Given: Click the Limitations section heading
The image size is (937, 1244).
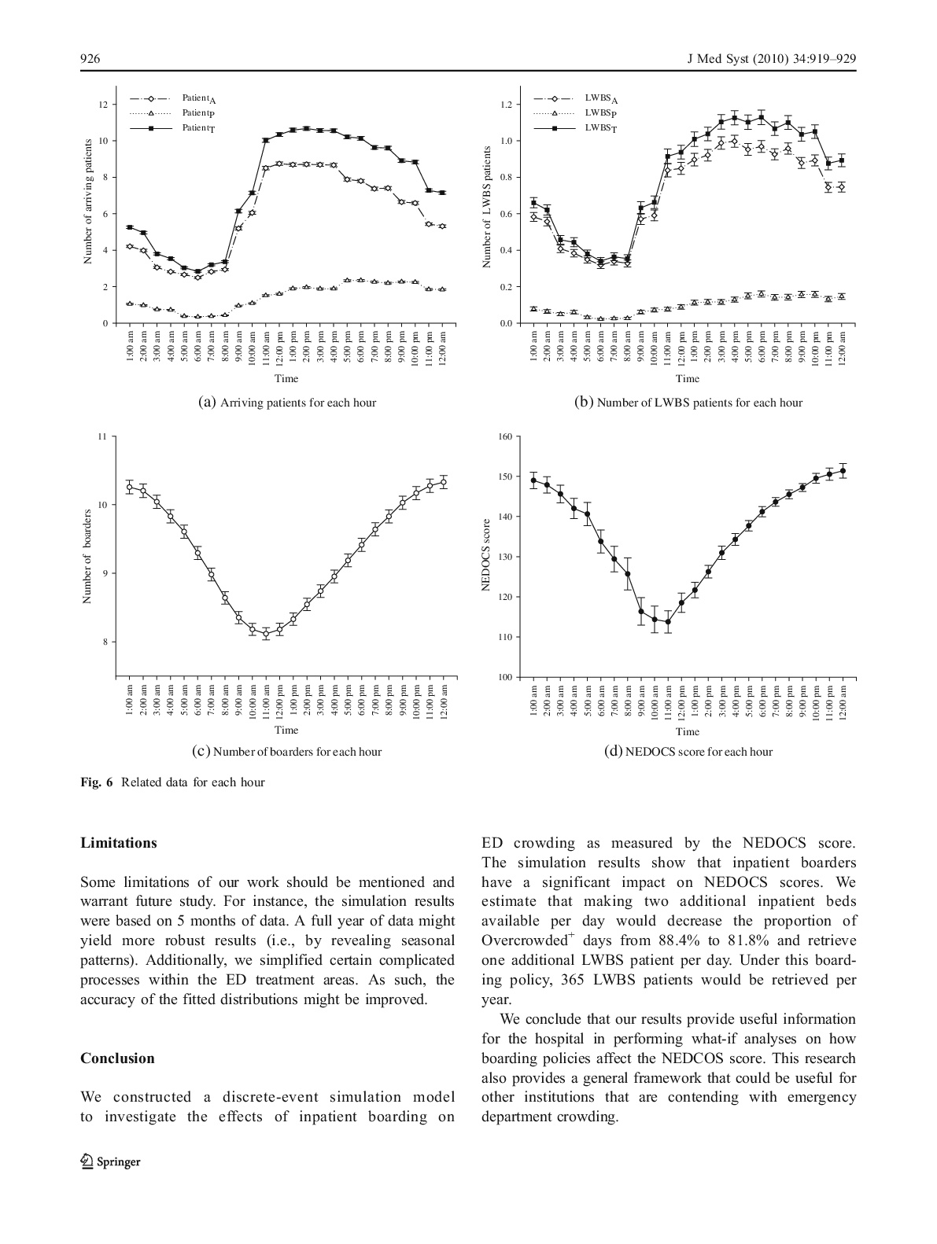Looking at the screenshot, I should (119, 843).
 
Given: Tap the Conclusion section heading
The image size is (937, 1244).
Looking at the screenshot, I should (117, 1058).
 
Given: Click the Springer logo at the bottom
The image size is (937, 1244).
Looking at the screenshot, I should (110, 1161).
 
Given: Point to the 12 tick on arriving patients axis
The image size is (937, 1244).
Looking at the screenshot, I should (103, 104).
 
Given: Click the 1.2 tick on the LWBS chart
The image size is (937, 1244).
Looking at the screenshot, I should (504, 104).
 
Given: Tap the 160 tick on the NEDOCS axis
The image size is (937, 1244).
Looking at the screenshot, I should (504, 436).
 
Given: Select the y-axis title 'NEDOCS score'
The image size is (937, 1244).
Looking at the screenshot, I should (486, 555).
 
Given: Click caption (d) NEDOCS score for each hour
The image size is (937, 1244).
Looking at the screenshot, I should (688, 752).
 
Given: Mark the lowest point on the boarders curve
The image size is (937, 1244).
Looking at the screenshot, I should (266, 633).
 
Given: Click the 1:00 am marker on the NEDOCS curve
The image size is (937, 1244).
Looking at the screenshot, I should (533, 480).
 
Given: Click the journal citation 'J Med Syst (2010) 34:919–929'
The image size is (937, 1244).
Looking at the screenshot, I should (765, 60).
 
